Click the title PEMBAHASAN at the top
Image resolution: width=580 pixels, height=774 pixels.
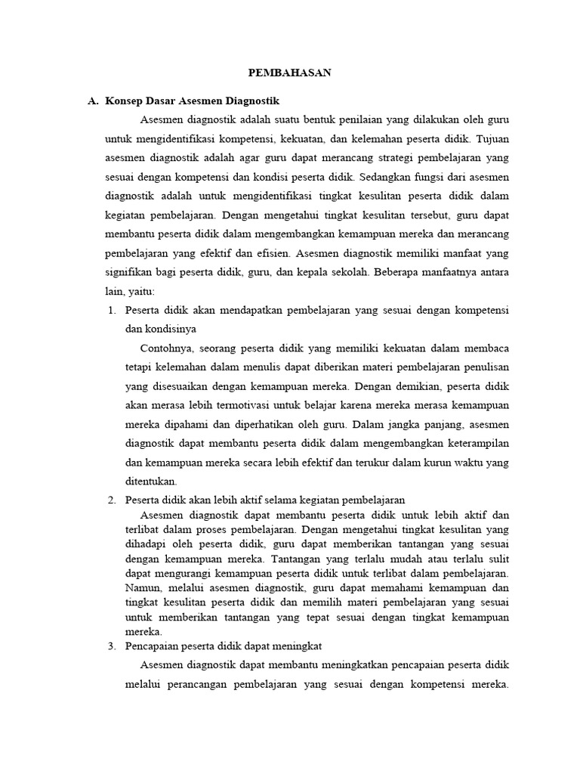(290, 73)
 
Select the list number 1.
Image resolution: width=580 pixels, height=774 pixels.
(111, 310)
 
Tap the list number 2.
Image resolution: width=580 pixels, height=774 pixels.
(111, 500)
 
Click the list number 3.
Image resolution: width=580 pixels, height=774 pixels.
(111, 646)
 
